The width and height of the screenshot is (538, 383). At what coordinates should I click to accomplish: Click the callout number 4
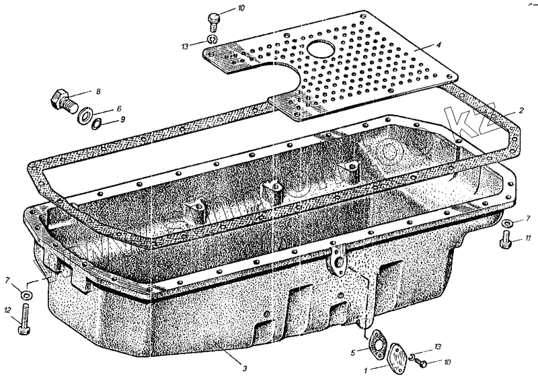(438, 46)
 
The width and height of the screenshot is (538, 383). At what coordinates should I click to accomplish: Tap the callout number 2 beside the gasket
(521, 110)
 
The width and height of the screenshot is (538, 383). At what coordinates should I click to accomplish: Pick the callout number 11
(529, 238)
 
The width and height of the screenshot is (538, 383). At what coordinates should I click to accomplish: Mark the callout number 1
(365, 369)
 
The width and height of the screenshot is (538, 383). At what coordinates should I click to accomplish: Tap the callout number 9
(122, 120)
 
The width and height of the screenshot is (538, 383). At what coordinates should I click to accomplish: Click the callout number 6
(119, 108)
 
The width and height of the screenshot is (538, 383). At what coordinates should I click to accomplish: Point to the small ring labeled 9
(98, 123)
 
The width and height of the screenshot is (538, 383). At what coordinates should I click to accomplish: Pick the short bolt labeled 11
(506, 239)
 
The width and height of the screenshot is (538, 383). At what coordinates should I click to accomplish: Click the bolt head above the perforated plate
(213, 18)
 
